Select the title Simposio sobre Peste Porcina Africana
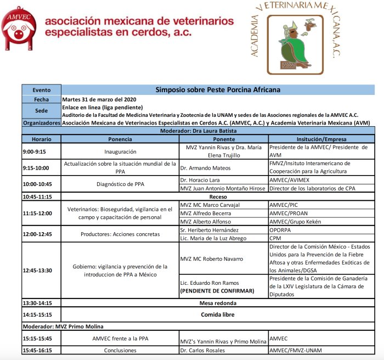tap(218, 89)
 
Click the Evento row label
tap(41, 89)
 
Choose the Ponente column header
tap(223, 139)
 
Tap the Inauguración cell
tap(120, 151)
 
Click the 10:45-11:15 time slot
tap(37, 196)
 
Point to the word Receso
tap(218, 196)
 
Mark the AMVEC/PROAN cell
tap(290, 213)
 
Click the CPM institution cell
tap(275, 238)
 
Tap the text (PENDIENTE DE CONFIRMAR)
tap(217, 290)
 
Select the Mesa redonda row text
tap(218, 303)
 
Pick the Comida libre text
tap(218, 314)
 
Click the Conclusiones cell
tap(120, 350)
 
